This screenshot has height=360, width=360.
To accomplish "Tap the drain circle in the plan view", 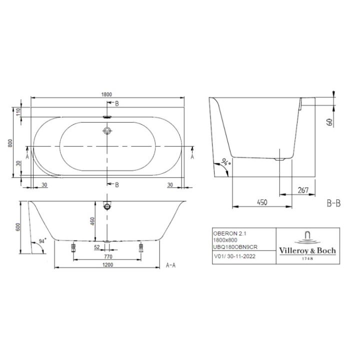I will tap(106, 131).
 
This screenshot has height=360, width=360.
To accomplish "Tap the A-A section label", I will tap(170, 266).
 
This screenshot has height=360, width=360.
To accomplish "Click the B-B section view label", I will tap(333, 203).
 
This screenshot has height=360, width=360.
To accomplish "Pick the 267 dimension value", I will tap(301, 190).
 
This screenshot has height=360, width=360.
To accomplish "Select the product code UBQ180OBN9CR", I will tap(236, 247).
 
